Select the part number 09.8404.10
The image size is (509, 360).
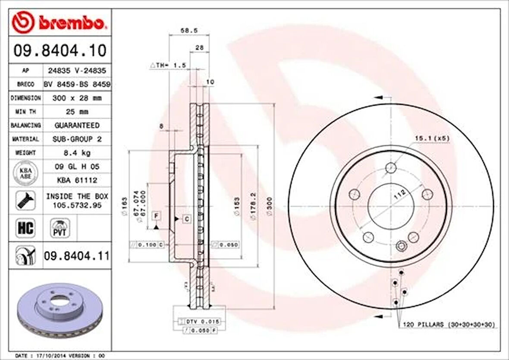(x=60, y=51)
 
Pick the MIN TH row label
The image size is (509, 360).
(x=25, y=112)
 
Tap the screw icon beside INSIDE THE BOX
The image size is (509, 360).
(x=25, y=200)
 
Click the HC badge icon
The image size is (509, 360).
(x=25, y=228)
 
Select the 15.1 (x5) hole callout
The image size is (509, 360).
(x=432, y=139)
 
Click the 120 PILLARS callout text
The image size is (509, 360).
(x=449, y=324)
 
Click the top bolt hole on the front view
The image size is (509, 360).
(x=391, y=167)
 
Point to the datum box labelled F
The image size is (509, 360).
(x=156, y=215)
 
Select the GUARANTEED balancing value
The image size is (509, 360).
(x=76, y=125)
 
